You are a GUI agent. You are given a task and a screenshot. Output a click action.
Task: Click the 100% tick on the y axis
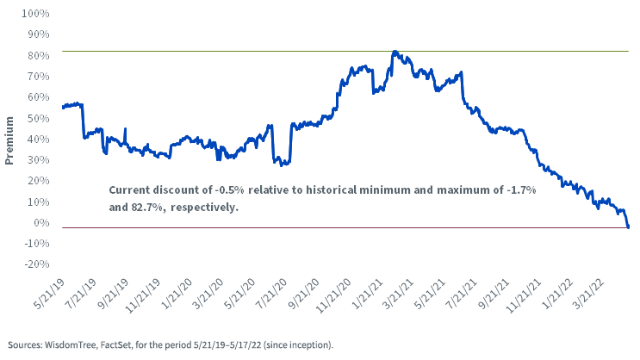click(35, 14)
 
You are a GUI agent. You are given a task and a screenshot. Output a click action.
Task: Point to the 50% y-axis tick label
click(39, 118)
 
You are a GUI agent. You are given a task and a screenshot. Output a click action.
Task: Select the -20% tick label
click(37, 264)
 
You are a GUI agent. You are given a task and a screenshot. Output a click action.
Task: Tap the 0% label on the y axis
click(40, 222)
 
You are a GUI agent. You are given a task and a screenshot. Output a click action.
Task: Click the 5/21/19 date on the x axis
click(48, 295)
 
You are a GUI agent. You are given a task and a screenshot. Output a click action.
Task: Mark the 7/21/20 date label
click(271, 295)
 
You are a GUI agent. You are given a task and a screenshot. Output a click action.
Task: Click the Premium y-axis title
click(9, 140)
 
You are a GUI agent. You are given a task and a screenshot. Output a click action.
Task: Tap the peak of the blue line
click(395, 52)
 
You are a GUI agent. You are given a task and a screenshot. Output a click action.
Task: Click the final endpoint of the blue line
click(628, 227)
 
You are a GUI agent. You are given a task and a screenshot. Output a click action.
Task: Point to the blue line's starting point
click(63, 108)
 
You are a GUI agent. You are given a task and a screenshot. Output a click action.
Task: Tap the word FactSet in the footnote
click(116, 344)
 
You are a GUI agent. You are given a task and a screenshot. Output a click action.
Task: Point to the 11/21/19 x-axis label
click(142, 295)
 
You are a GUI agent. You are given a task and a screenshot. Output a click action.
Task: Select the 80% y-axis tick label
click(39, 55)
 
